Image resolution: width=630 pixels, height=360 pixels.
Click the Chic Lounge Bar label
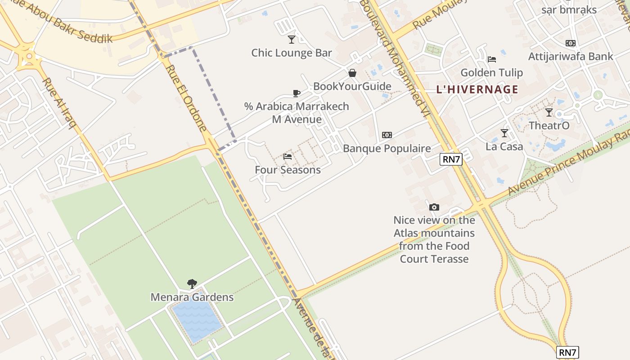pyautogui.click(x=291, y=53)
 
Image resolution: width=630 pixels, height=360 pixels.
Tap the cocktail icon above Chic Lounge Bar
pyautogui.click(x=292, y=40)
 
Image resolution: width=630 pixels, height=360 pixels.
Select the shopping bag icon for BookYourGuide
pyautogui.click(x=352, y=73)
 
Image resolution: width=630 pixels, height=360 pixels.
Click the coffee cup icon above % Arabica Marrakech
pyautogui.click(x=297, y=93)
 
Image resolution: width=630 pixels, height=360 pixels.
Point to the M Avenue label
pyautogui.click(x=297, y=119)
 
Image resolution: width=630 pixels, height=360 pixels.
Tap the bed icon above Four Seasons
pyautogui.click(x=288, y=157)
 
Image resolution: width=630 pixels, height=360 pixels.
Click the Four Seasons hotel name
pyautogui.click(x=288, y=170)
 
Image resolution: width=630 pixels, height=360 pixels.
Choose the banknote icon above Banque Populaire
pyautogui.click(x=387, y=135)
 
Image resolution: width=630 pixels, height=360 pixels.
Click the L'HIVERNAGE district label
pyautogui.click(x=477, y=89)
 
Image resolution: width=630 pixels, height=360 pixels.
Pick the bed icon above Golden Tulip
pyautogui.click(x=492, y=59)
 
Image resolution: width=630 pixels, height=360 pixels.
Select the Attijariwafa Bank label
pyautogui.click(x=570, y=56)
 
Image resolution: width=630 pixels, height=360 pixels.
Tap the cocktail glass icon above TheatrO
pyautogui.click(x=549, y=112)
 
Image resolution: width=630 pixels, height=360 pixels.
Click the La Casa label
pyautogui.click(x=504, y=146)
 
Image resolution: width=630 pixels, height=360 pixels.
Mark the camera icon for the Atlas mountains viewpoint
pyautogui.click(x=434, y=207)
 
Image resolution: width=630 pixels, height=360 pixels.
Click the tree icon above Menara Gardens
pyautogui.click(x=192, y=284)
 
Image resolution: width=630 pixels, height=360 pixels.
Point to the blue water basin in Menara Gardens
pyautogui.click(x=198, y=317)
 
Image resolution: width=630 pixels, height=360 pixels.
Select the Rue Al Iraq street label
pyautogui.click(x=58, y=103)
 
